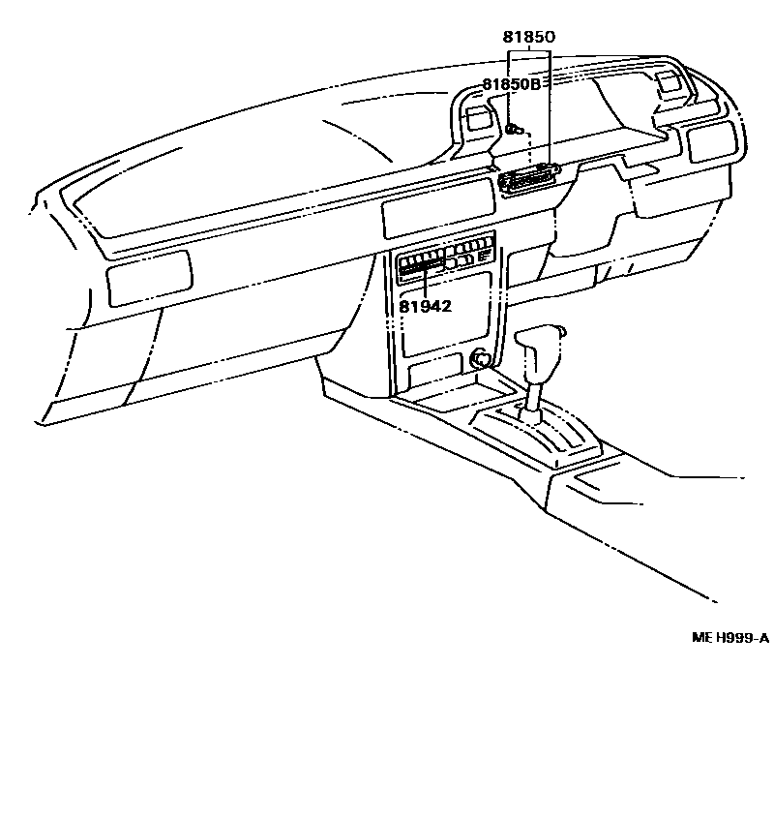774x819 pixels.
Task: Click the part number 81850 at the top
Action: [527, 38]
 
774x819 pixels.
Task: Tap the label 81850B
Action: [514, 84]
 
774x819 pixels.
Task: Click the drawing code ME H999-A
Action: [729, 637]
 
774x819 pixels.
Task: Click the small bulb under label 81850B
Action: [513, 128]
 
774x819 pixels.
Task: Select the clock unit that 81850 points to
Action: [529, 179]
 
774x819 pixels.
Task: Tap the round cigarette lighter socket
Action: [479, 360]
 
